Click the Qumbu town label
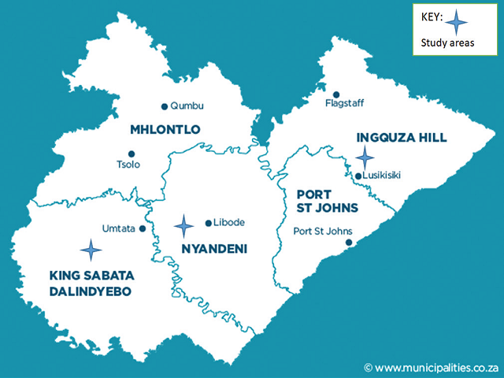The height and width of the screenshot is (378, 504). point(187,106)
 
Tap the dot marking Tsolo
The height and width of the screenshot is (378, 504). point(132,154)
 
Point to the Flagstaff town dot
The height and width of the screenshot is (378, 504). point(336,94)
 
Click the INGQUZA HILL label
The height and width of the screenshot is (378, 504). point(402,138)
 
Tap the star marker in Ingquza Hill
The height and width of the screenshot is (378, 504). point(365,157)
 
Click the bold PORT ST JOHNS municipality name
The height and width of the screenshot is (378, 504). point(327,201)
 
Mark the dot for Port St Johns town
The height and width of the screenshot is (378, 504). point(347,243)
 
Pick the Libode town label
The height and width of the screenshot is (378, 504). point(229,224)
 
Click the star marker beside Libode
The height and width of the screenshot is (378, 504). point(184,227)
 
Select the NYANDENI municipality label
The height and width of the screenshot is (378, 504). point(214,250)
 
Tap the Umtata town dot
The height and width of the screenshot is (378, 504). point(143,229)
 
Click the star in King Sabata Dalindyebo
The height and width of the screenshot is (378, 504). point(91,250)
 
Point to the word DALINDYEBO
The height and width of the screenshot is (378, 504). point(90,291)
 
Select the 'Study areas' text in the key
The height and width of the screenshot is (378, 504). point(447,43)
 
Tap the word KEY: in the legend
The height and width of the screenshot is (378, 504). point(432,16)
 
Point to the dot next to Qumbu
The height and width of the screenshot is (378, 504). point(164,106)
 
